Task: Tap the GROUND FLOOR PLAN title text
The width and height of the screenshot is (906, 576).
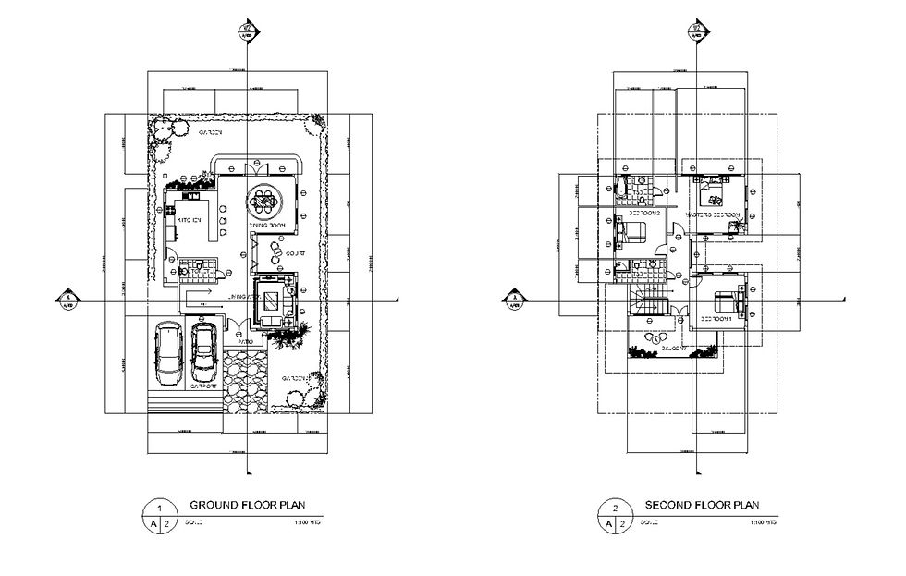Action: [247, 505]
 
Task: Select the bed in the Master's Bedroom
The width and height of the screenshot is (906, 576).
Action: [714, 196]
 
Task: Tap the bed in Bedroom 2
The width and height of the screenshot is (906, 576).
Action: [622, 233]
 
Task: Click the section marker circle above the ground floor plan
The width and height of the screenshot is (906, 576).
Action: [248, 30]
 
